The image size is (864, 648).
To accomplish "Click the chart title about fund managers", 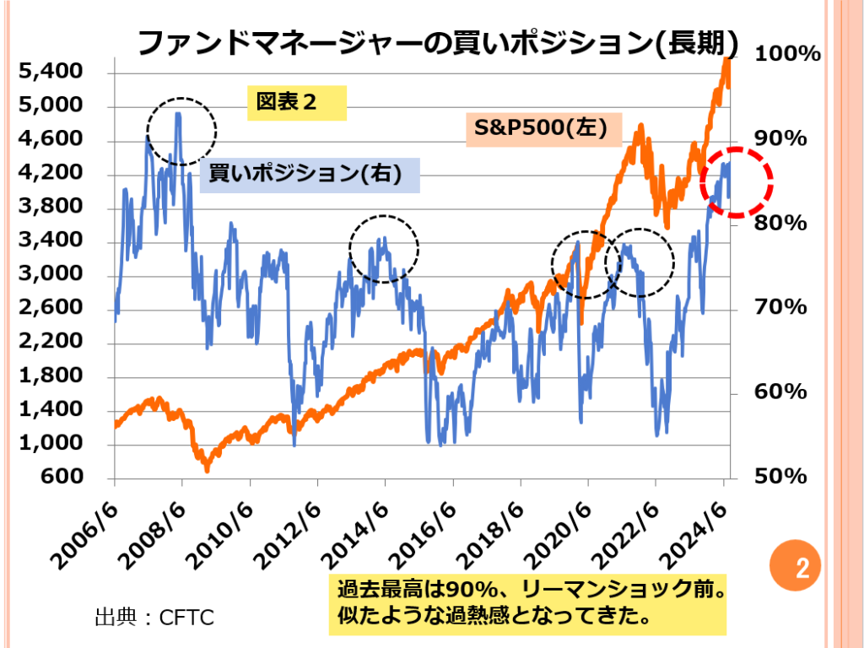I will click(438, 42).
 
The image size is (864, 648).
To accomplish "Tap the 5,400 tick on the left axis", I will click(52, 73).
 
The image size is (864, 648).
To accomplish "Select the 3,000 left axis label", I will click(52, 275).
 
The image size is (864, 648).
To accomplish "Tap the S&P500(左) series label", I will click(543, 130).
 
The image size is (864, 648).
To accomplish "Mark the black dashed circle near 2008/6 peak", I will click(181, 130).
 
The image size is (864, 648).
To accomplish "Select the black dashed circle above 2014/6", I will click(384, 248).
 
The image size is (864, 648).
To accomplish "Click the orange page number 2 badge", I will click(802, 566).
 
